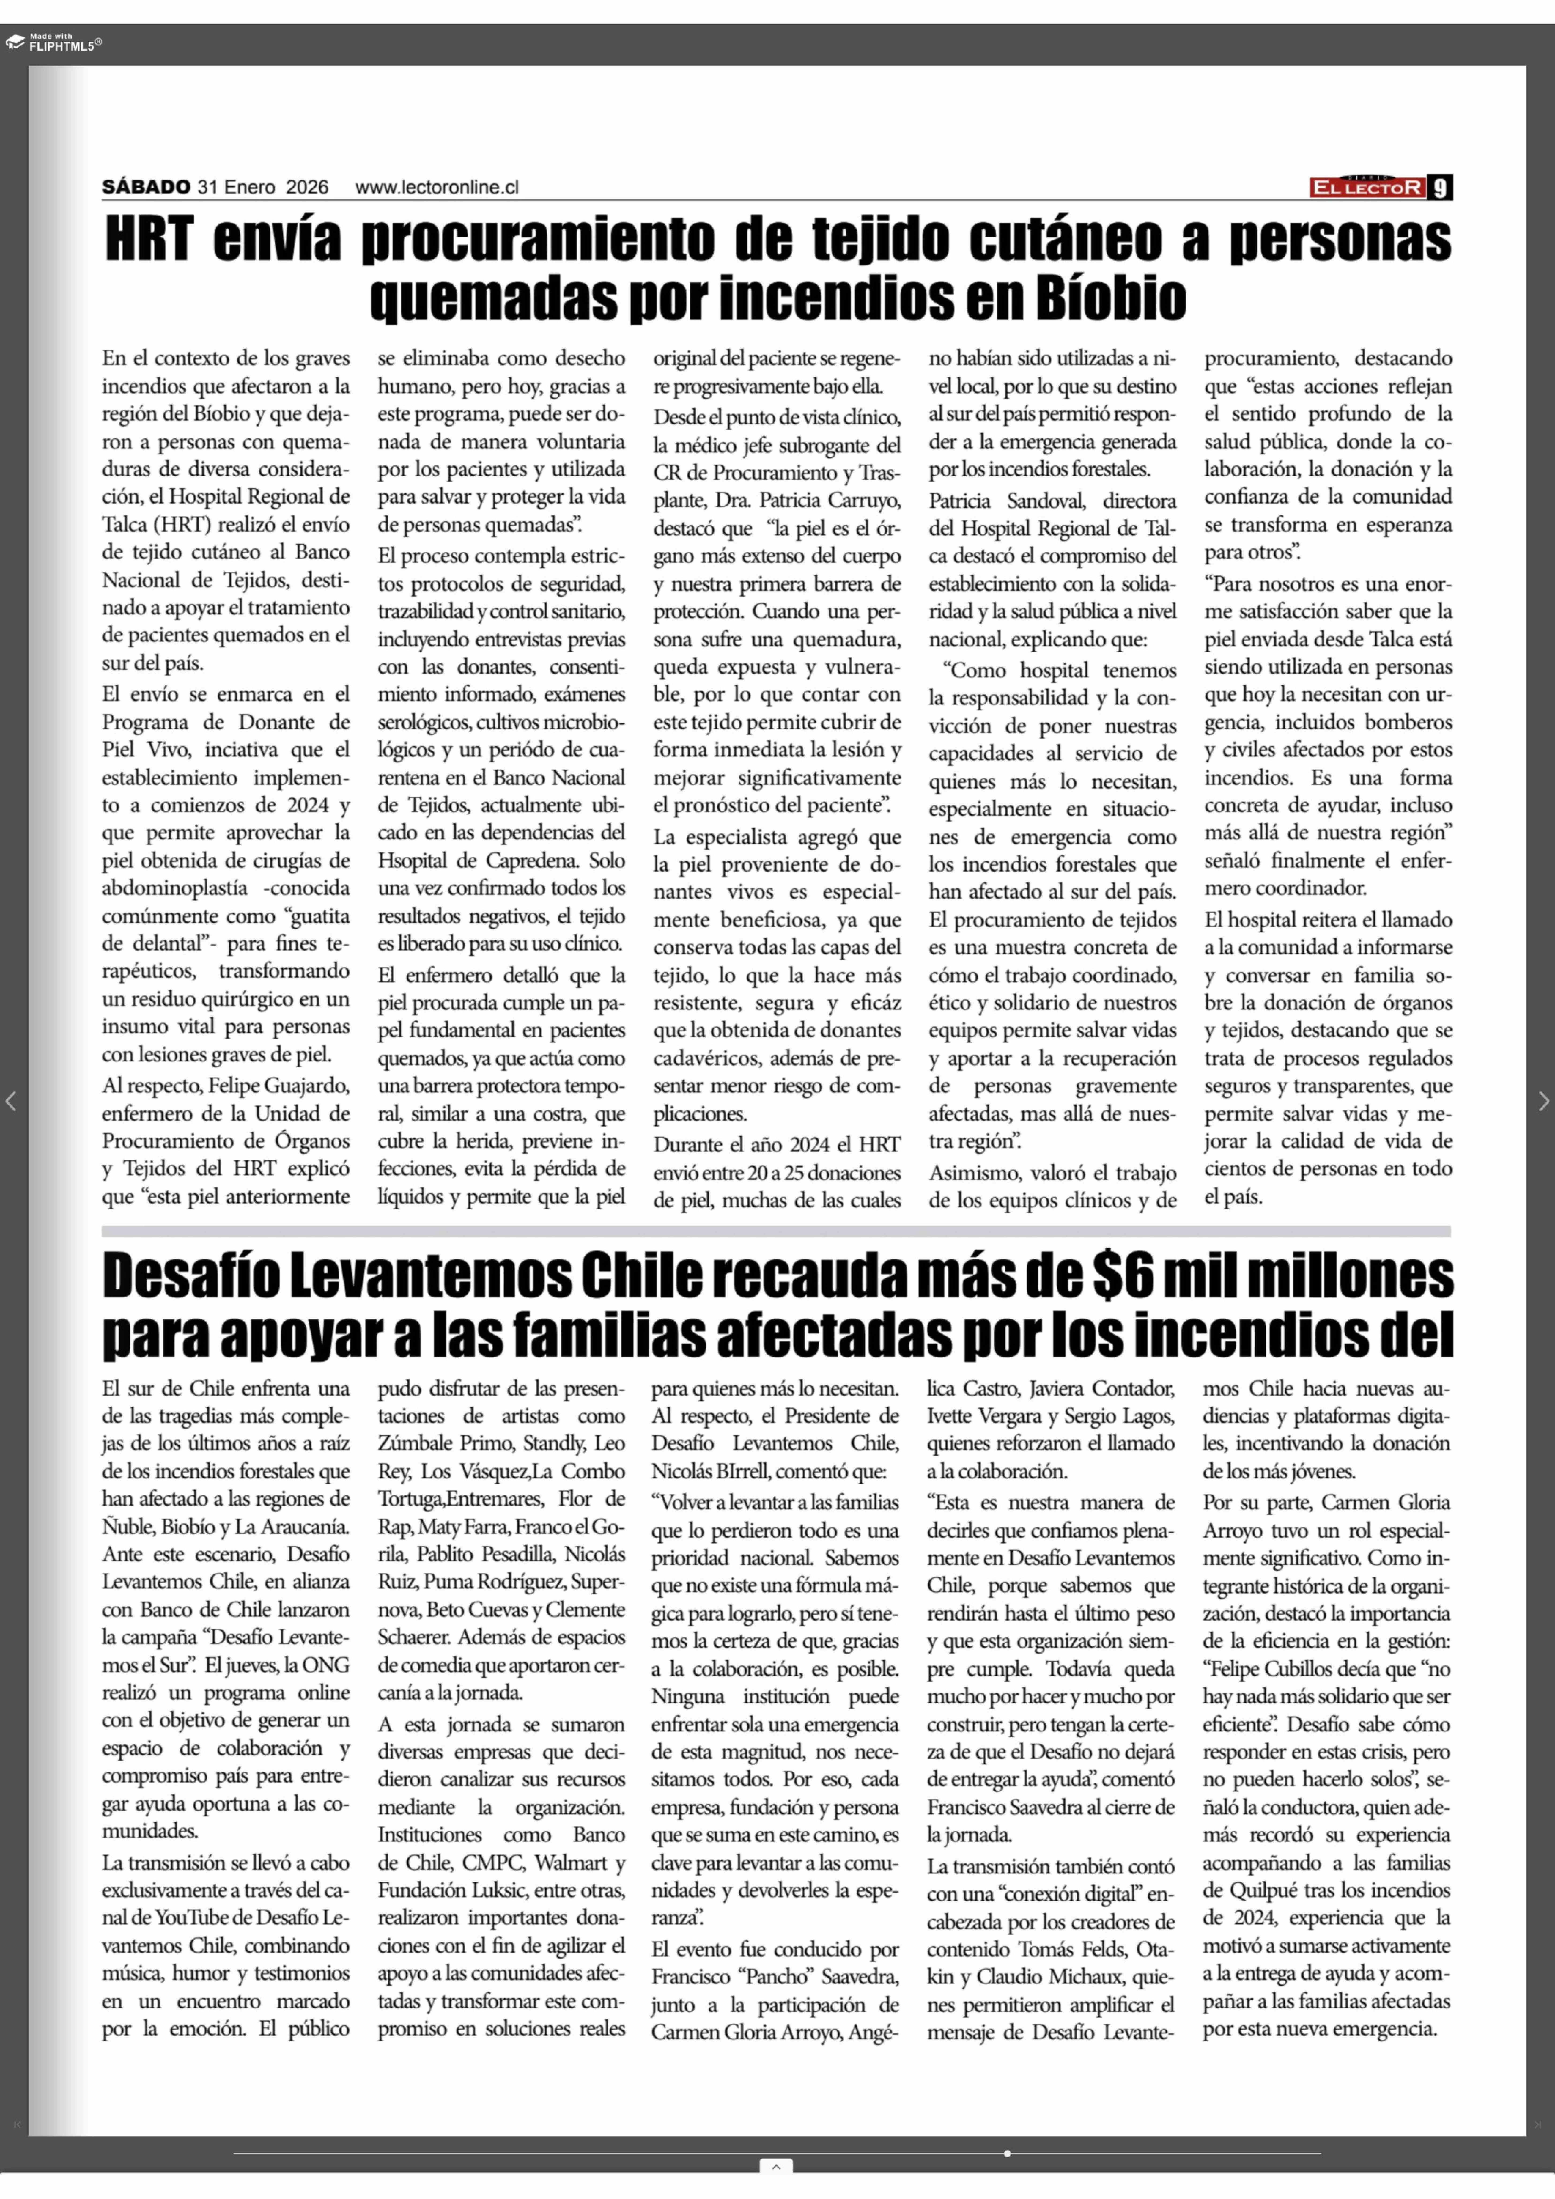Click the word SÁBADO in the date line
point(147,188)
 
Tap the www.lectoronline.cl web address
point(437,188)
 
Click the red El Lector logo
point(1367,188)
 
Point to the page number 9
point(1440,188)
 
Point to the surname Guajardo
point(303,1086)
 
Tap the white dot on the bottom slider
point(1007,2153)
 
